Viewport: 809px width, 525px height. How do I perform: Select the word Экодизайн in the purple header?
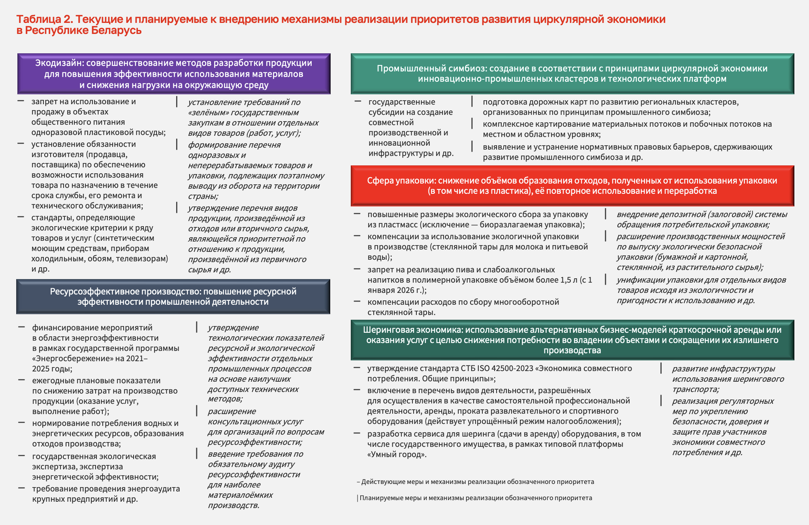coord(59,63)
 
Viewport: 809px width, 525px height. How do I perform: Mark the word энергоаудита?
coord(154,489)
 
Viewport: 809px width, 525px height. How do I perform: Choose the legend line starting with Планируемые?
coord(476,498)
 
